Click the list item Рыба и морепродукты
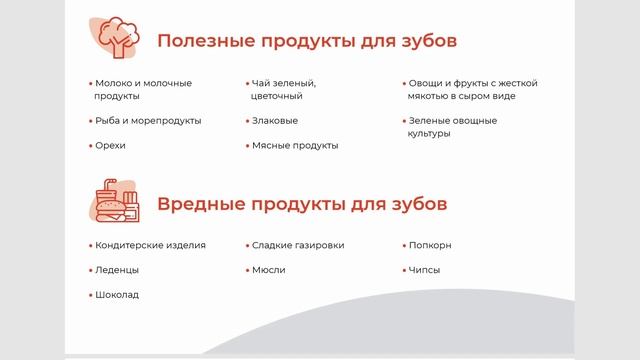tap(147, 120)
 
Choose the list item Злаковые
tap(275, 120)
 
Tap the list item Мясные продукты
tap(295, 145)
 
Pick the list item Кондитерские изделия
tap(149, 245)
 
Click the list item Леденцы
tap(116, 270)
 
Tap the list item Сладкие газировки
tap(298, 245)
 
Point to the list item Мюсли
tap(268, 270)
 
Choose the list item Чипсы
tap(424, 270)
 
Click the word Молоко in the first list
tap(115, 83)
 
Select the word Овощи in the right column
tap(426, 83)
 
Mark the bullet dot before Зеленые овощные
tap(401, 121)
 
